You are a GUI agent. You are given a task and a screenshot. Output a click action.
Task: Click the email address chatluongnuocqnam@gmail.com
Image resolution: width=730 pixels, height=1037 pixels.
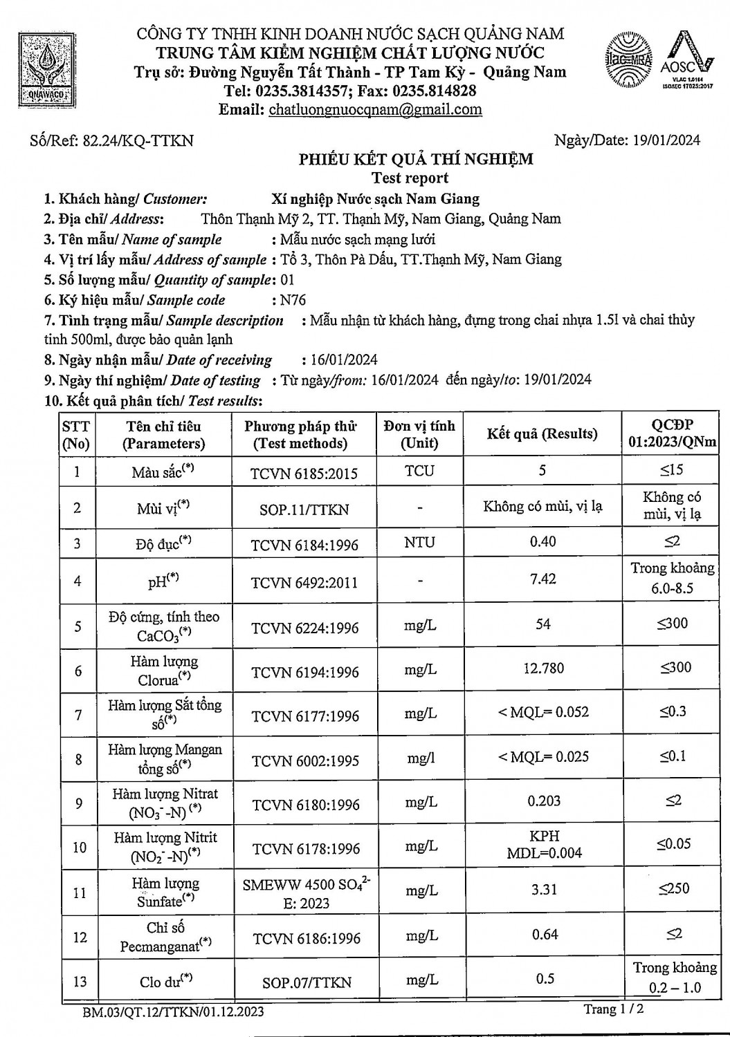[375, 109]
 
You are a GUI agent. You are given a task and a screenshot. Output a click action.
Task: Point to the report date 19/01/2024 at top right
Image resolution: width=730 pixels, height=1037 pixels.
[666, 140]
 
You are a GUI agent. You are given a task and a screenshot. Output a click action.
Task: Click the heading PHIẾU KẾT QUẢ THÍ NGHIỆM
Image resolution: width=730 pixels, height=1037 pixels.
[416, 159]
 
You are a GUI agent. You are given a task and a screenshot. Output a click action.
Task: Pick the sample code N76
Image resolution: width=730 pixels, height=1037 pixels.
[292, 300]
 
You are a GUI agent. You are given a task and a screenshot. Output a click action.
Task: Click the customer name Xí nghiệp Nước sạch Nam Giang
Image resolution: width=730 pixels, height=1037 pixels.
[376, 199]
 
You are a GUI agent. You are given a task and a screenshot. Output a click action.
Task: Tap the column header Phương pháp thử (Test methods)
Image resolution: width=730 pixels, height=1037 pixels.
[300, 435]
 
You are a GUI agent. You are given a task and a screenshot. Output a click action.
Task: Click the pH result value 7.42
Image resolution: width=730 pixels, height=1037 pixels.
[542, 579]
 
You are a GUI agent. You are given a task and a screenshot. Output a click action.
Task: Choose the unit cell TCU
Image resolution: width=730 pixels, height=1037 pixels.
[419, 471]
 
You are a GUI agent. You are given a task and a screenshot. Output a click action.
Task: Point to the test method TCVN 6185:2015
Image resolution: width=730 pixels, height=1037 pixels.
[304, 474]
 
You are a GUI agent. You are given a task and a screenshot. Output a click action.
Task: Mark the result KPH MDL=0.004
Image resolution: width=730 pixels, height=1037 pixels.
[544, 844]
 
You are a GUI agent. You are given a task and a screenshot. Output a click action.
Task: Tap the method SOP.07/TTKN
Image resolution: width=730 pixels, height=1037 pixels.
[307, 982]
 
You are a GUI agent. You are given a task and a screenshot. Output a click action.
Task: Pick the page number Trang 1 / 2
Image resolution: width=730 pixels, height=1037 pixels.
[614, 1009]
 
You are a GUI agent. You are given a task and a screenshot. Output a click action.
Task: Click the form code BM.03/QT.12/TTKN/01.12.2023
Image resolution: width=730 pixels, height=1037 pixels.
[172, 1012]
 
